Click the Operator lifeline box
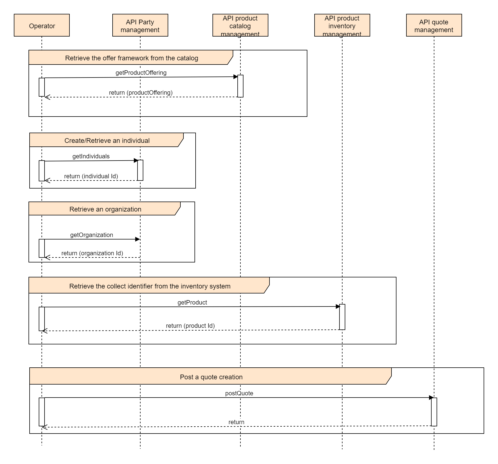click(42, 25)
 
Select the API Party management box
click(140, 25)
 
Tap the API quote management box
click(434, 25)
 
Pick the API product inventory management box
click(342, 25)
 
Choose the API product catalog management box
click(240, 25)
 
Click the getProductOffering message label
click(141, 73)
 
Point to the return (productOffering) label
click(141, 92)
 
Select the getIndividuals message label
click(91, 156)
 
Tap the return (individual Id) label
click(91, 176)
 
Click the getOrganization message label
click(92, 235)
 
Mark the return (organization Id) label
click(92, 253)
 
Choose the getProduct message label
click(192, 302)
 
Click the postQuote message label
click(239, 393)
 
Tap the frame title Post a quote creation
click(211, 377)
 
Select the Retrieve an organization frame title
click(105, 209)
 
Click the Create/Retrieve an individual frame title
click(107, 140)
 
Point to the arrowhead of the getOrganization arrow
click(138, 239)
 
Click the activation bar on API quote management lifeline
click(434, 412)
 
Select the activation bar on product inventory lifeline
click(342, 317)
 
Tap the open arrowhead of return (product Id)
click(44, 331)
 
